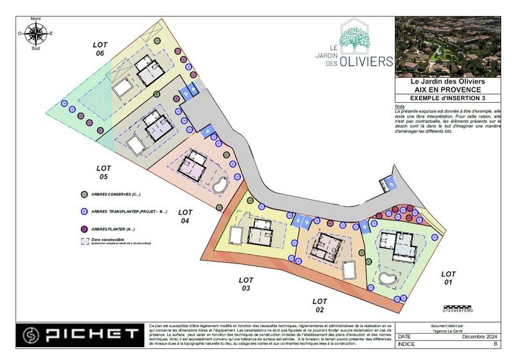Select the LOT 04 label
click(x=185, y=216)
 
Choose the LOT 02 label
click(x=320, y=305)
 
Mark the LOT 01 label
click(x=449, y=278)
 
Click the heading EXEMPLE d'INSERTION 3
click(x=448, y=97)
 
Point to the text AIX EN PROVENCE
click(x=448, y=89)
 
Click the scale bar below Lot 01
click(x=457, y=309)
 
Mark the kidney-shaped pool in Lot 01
click(x=388, y=278)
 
